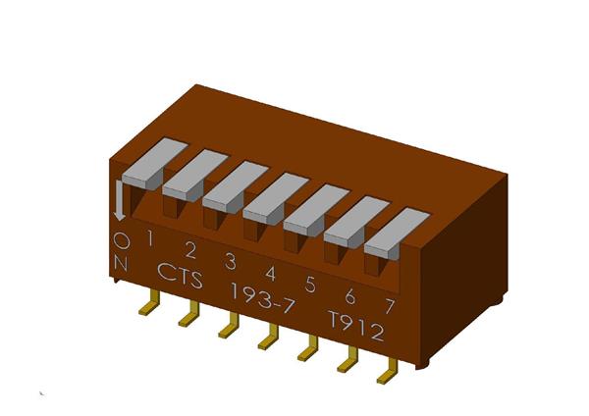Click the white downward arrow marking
click(120, 200)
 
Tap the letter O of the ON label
click(121, 238)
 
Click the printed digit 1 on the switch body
click(150, 236)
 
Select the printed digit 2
click(190, 248)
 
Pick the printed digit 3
click(230, 261)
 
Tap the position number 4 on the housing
click(270, 273)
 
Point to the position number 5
click(310, 285)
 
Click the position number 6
click(350, 296)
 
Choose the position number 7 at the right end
click(390, 308)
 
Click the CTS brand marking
click(180, 276)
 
